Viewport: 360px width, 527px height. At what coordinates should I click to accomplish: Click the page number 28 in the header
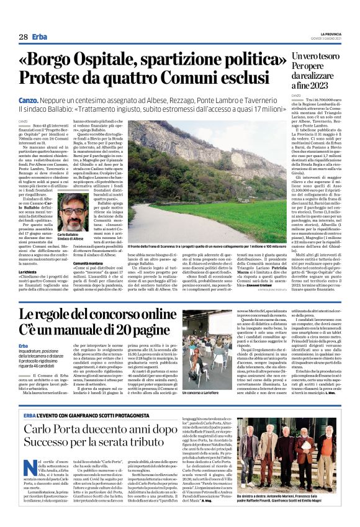coord(22,37)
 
